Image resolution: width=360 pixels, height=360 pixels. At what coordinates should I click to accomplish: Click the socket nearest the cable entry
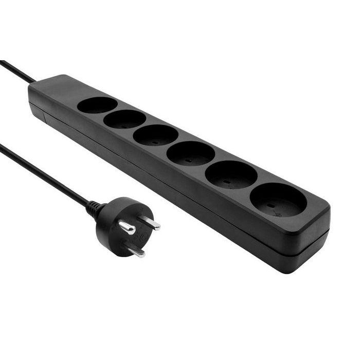point(97,105)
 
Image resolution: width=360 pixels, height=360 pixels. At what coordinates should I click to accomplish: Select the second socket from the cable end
point(124,119)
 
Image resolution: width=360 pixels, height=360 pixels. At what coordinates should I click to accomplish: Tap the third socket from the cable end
point(155,135)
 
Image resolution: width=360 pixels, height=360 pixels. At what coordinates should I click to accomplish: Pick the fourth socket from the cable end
point(190,153)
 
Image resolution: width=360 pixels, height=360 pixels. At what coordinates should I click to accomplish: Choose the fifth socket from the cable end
point(231,175)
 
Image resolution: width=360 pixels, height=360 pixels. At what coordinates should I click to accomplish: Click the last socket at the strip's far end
point(278,200)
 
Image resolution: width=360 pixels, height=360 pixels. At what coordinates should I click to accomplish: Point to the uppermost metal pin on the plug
point(150,223)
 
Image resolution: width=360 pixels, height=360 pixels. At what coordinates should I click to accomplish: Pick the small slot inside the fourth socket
point(187,159)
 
